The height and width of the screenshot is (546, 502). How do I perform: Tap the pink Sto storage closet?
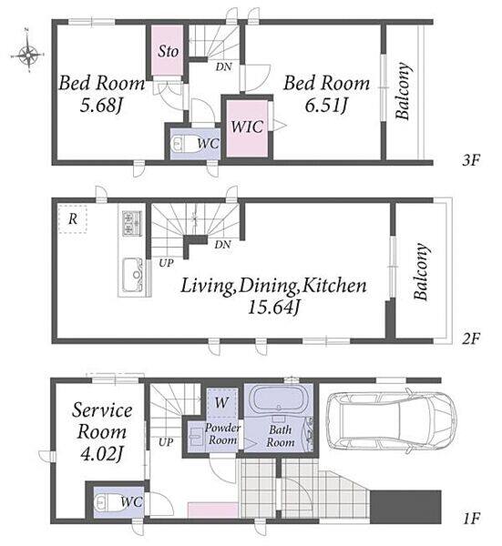[168, 50]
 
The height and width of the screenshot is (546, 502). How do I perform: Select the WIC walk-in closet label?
[247, 126]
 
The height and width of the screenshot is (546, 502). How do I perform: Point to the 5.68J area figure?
[101, 106]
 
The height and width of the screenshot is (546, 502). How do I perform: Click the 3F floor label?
[471, 160]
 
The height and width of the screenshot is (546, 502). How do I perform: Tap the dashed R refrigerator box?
[73, 219]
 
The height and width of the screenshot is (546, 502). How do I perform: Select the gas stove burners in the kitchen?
[132, 223]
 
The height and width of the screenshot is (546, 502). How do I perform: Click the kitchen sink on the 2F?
[133, 275]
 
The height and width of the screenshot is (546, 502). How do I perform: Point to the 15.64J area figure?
[273, 308]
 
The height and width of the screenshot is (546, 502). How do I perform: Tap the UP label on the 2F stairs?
[166, 263]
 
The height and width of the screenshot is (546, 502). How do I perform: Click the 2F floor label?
[471, 339]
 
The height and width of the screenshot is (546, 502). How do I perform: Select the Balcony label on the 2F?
[421, 271]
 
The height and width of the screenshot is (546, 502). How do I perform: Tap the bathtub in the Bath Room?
[278, 399]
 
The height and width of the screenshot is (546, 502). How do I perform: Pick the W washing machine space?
[221, 403]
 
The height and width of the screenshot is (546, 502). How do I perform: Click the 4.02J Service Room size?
[101, 454]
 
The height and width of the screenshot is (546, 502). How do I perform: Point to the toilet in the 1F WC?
[106, 502]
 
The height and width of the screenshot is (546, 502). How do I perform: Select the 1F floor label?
[471, 520]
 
